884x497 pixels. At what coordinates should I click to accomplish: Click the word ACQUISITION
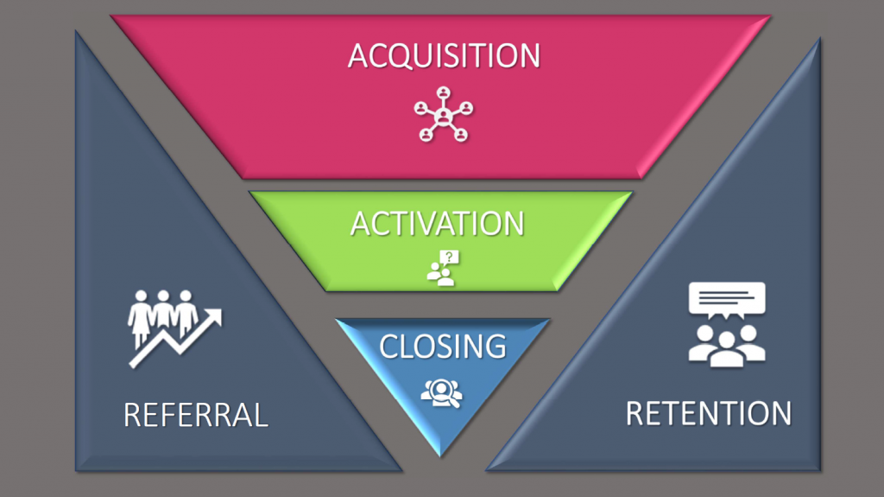click(x=444, y=55)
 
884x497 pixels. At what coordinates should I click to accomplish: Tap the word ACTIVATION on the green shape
click(x=437, y=223)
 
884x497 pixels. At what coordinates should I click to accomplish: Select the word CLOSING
click(x=442, y=346)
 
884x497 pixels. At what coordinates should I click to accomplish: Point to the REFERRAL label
click(x=196, y=415)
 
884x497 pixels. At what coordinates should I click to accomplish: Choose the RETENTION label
click(x=708, y=413)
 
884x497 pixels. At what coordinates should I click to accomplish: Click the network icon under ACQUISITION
click(x=444, y=113)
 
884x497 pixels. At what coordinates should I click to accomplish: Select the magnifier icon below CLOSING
click(x=441, y=392)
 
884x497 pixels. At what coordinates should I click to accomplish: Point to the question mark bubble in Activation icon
click(x=450, y=257)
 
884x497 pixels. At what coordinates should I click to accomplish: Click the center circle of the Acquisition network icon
click(x=444, y=114)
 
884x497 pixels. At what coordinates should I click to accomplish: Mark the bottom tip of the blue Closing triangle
click(x=442, y=455)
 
